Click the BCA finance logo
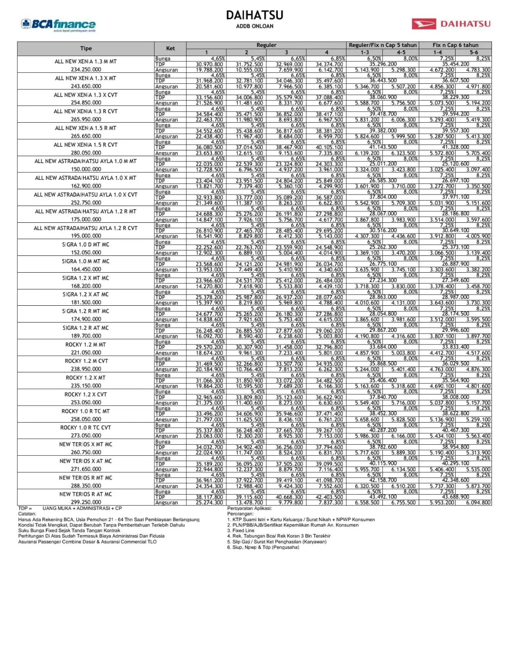point(58,25)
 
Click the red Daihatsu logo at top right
point(451,24)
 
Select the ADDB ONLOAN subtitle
point(255,26)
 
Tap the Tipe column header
point(86,48)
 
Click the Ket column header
point(170,48)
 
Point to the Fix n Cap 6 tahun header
point(455,45)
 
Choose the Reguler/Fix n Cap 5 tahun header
point(382,45)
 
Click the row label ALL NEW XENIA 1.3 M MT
point(86,61)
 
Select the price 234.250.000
point(86,69)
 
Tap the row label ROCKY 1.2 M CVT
point(86,361)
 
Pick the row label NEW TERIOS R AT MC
point(85,494)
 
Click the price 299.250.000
point(86,502)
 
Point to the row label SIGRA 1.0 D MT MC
point(86,244)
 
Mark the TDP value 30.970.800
point(209,64)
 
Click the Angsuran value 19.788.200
point(209,70)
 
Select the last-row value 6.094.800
point(478,503)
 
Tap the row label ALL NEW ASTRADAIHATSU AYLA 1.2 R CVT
point(86,228)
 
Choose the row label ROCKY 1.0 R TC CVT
point(86,428)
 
